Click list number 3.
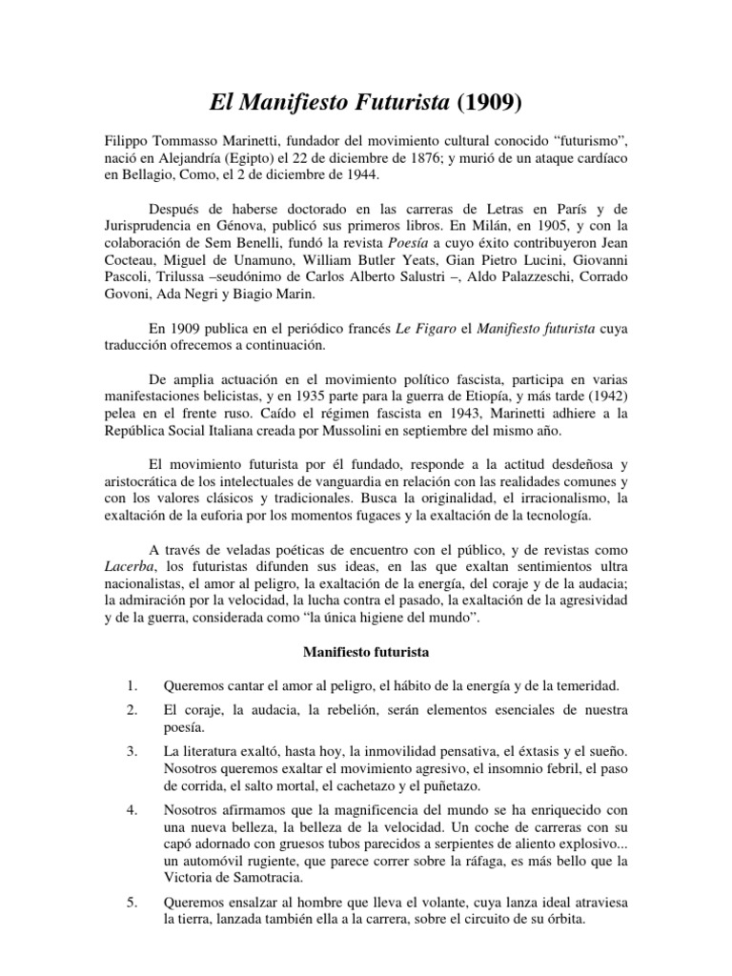point(132,753)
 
